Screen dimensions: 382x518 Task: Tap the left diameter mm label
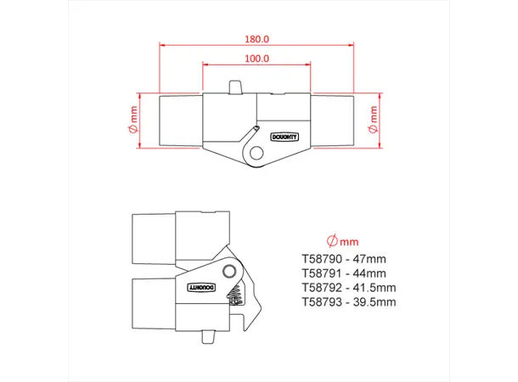click(133, 120)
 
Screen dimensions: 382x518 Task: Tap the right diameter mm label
click(371, 120)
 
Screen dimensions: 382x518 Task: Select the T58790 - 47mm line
click(343, 260)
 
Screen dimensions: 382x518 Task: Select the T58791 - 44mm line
click(343, 273)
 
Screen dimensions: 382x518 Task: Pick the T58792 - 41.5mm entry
click(348, 287)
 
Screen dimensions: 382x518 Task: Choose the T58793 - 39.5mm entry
click(348, 301)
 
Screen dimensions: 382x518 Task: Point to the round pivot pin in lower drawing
click(229, 271)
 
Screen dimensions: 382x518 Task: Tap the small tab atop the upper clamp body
click(235, 87)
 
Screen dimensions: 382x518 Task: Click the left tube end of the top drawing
click(180, 120)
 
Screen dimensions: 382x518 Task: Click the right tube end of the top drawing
click(333, 120)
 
